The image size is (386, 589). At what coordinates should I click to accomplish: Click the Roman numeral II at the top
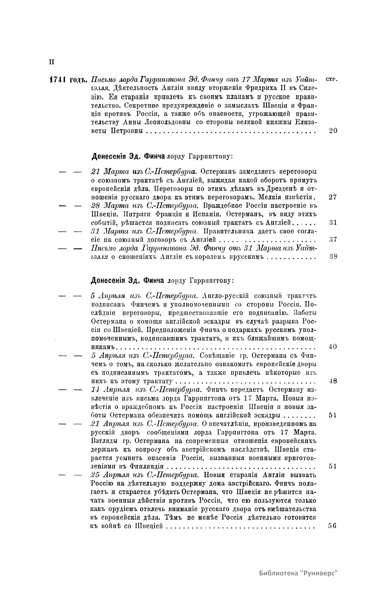point(51,62)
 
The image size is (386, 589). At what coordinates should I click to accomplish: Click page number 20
point(333,131)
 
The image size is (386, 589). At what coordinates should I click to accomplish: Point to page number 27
point(333,197)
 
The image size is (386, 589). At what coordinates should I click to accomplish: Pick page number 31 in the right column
point(333,223)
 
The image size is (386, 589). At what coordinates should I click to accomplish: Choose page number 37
point(333,239)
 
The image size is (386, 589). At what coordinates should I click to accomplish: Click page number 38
point(333,256)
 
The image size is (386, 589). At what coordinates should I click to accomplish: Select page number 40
point(333,347)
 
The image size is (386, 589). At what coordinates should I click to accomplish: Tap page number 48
point(333,381)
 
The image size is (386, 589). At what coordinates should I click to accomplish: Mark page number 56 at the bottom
point(333,526)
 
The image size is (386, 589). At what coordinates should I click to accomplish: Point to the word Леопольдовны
point(166,122)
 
